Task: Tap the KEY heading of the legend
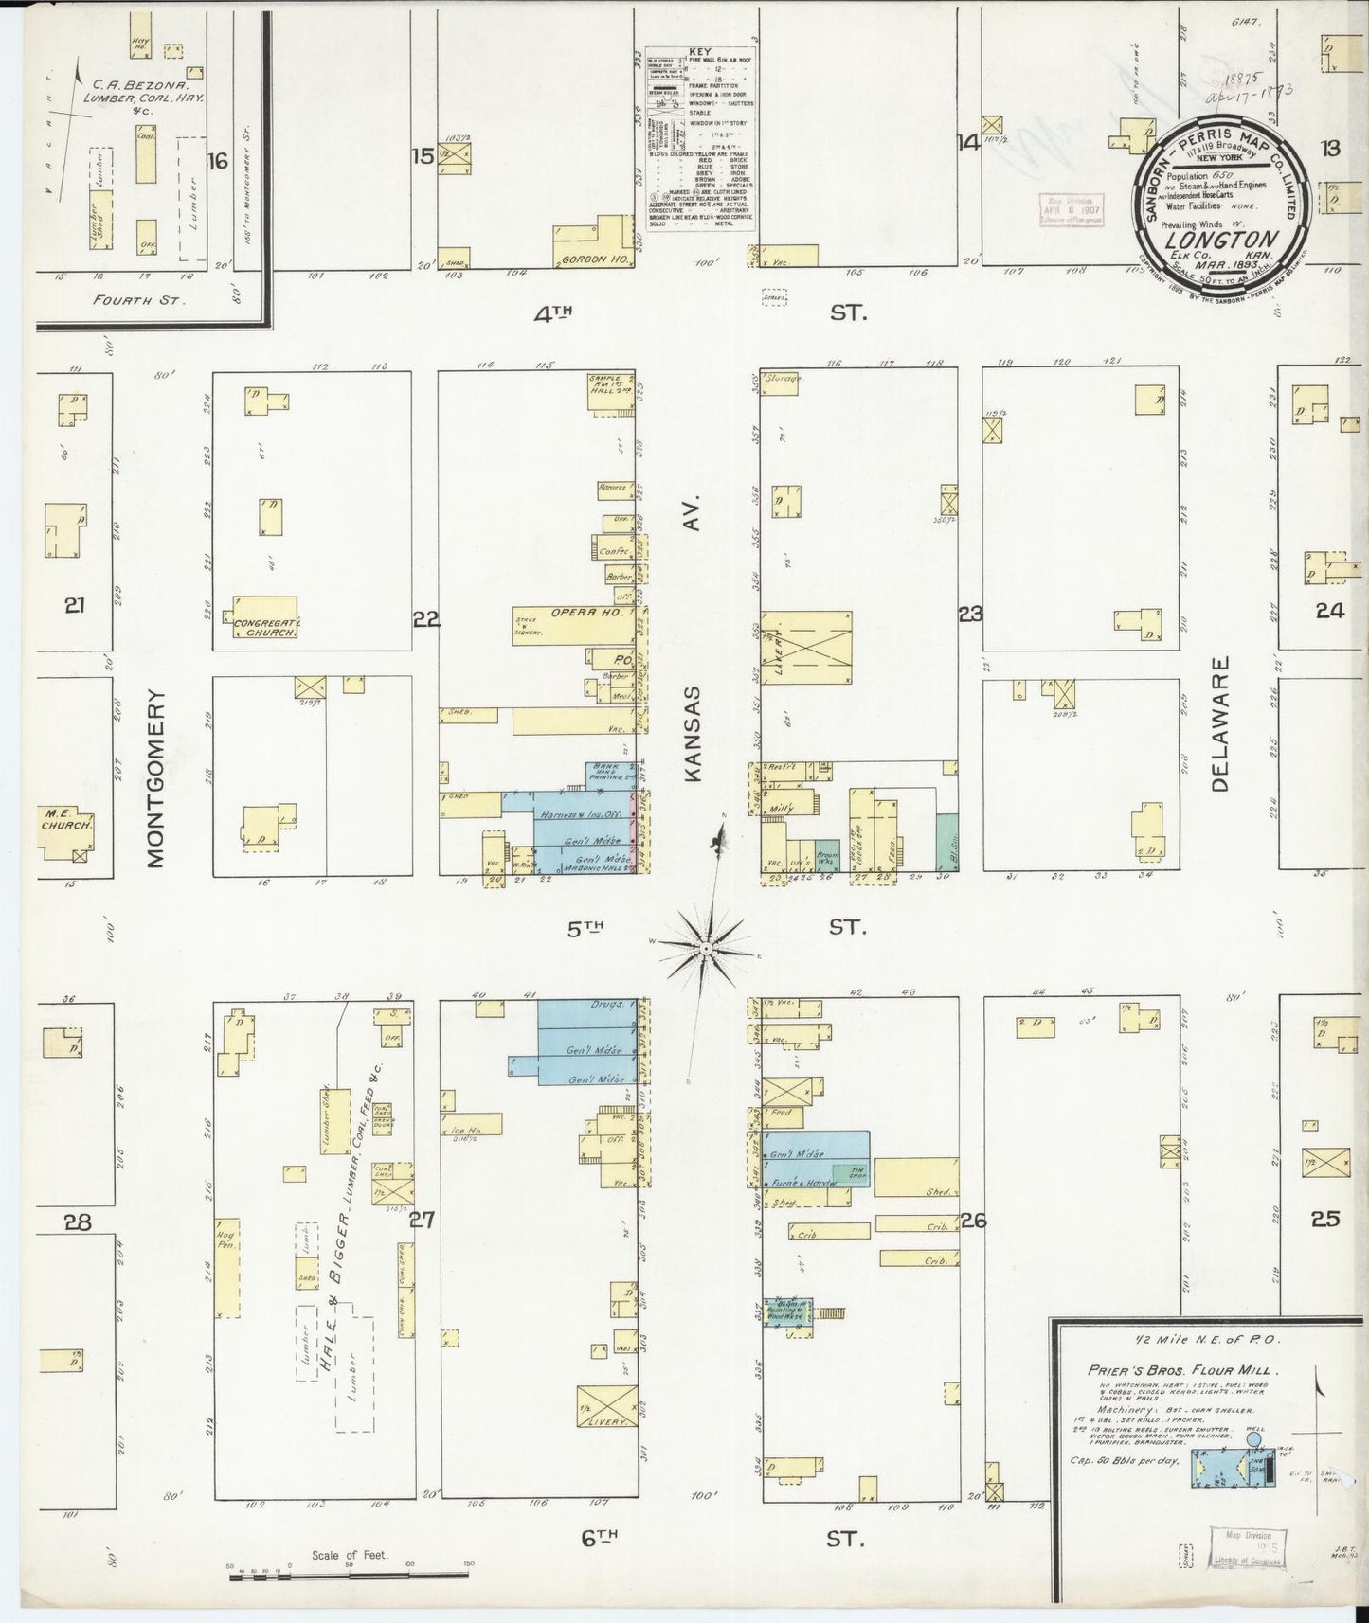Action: tap(701, 52)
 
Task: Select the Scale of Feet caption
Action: tap(349, 1555)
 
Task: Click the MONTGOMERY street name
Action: tap(156, 777)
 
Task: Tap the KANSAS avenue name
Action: tap(692, 734)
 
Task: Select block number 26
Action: tap(973, 1221)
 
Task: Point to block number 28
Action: tap(77, 1222)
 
